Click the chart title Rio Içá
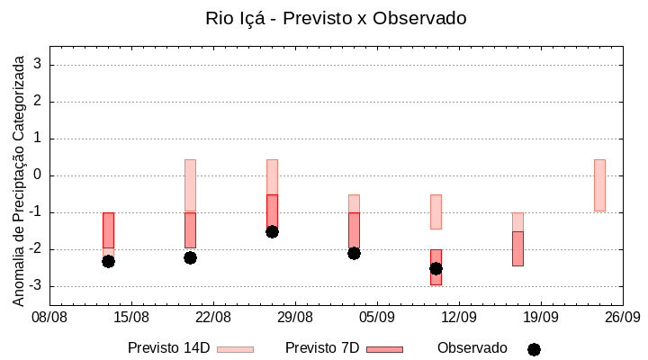[336, 18]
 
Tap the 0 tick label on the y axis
[38, 175]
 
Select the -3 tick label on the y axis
[35, 286]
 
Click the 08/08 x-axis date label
[49, 317]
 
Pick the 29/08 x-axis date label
[294, 317]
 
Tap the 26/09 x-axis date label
[622, 317]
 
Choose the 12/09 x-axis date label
[458, 317]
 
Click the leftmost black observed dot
[108, 261]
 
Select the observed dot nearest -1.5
[272, 231]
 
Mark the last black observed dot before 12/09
[436, 268]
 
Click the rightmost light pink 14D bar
[599, 185]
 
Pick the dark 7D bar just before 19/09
[517, 248]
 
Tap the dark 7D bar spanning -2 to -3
[436, 267]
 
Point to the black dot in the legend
[534, 349]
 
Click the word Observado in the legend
[472, 348]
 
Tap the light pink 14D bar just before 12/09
[436, 211]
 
